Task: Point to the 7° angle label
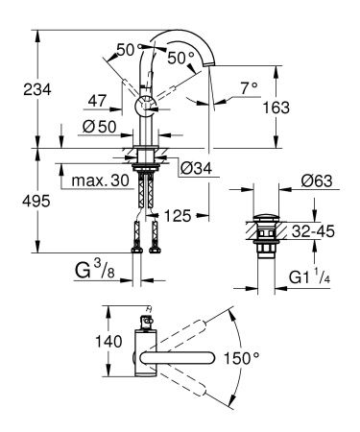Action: coord(249,87)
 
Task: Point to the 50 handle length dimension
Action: coord(125,49)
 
